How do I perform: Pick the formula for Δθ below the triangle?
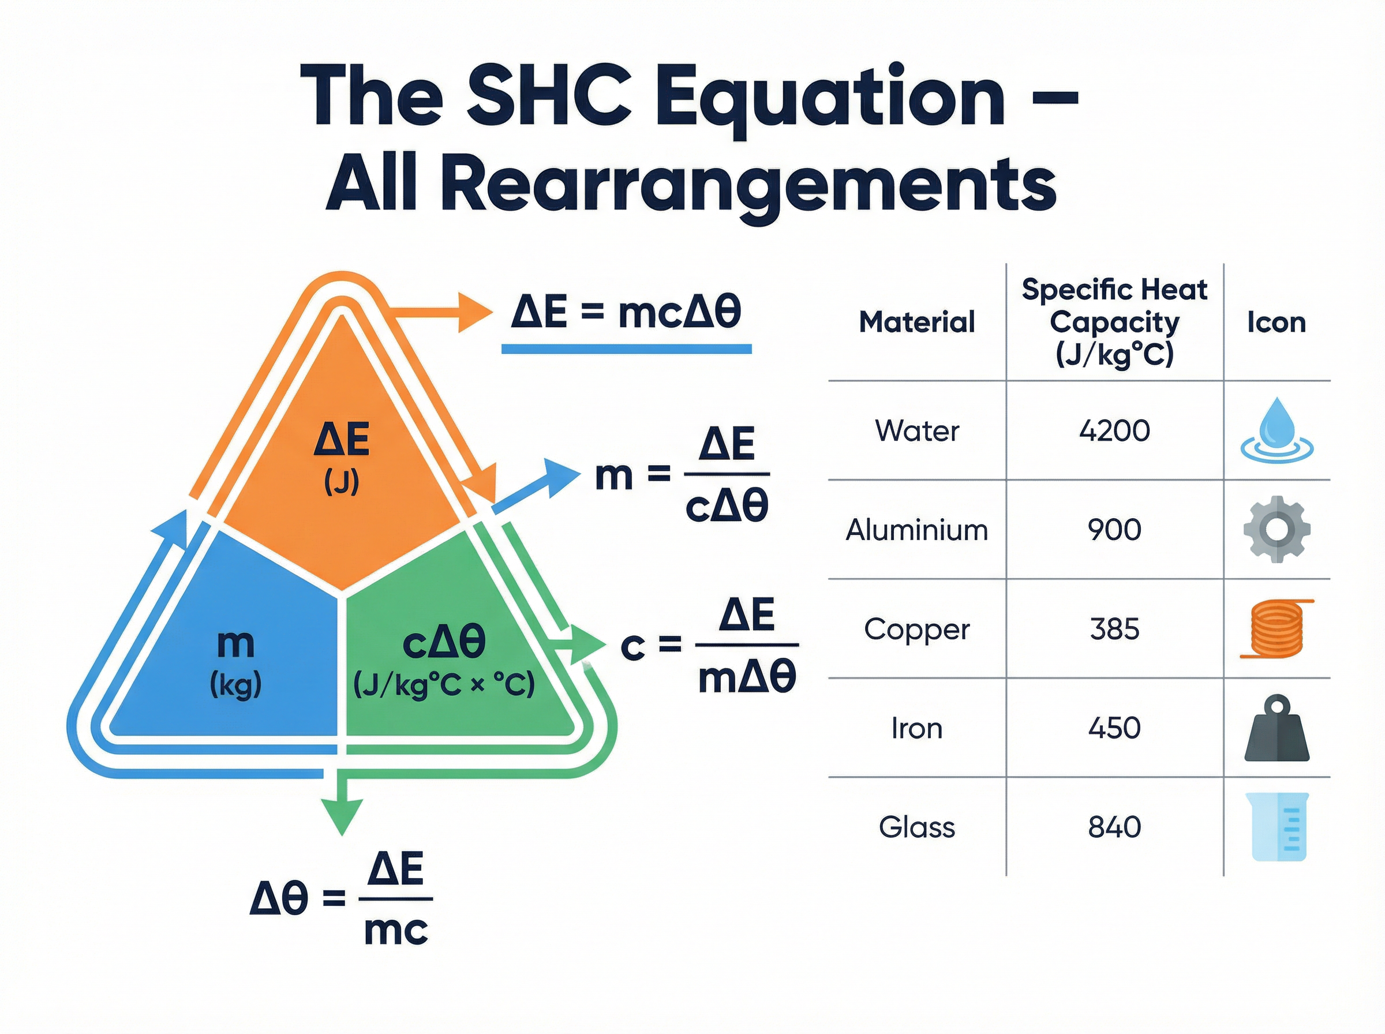(x=341, y=898)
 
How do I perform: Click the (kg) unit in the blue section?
(x=235, y=685)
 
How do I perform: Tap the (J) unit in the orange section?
(x=342, y=482)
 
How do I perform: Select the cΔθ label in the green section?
(x=444, y=643)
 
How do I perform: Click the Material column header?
(x=917, y=322)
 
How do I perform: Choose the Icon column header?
(x=1276, y=323)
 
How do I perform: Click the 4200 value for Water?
(x=1114, y=430)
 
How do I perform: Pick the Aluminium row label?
(x=917, y=530)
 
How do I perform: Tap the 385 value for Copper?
(x=1114, y=629)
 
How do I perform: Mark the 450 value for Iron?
(x=1114, y=728)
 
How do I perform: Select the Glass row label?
(x=917, y=827)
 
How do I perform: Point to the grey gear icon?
(x=1276, y=530)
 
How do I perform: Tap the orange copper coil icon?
(x=1276, y=628)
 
